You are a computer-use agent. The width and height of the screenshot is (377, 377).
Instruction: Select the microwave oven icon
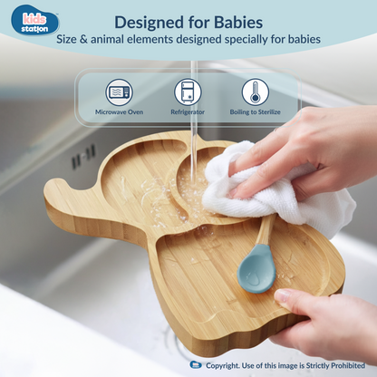(119, 92)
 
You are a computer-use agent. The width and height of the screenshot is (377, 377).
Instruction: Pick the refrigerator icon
(188, 92)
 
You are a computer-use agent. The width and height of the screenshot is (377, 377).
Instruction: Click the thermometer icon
(255, 92)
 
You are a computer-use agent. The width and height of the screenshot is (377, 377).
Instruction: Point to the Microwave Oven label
(119, 112)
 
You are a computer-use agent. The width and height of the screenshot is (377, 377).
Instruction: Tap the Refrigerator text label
(188, 112)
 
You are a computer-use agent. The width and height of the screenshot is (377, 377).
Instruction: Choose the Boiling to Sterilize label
(255, 112)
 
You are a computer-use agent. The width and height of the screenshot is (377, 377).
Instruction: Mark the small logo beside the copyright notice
(197, 364)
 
